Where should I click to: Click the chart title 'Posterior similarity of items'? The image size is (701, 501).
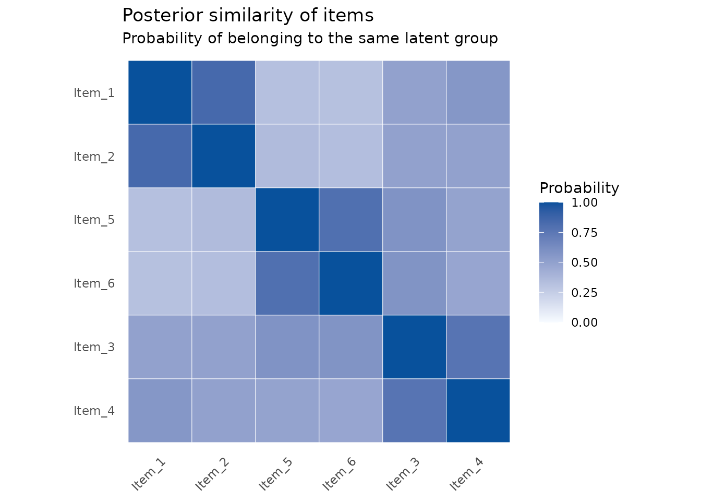click(x=248, y=15)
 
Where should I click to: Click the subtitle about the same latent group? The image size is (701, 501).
click(x=310, y=39)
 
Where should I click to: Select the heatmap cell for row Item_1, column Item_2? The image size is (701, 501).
click(x=223, y=92)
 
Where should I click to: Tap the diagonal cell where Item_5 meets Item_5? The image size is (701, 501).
click(x=287, y=220)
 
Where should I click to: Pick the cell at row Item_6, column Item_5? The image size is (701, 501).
click(x=287, y=283)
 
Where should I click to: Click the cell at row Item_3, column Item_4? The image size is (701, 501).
click(x=478, y=347)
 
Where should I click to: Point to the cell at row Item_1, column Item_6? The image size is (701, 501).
click(x=350, y=92)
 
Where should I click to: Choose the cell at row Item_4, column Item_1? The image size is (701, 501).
click(x=160, y=411)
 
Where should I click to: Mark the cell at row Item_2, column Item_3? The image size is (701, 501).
click(x=414, y=156)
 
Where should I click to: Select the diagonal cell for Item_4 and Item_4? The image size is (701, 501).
click(x=478, y=411)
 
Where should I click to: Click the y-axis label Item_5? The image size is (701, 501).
click(x=94, y=220)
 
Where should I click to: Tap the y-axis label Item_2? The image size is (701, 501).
click(x=94, y=157)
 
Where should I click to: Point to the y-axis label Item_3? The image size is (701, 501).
click(x=94, y=347)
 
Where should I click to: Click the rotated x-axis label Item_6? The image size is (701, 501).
click(x=339, y=474)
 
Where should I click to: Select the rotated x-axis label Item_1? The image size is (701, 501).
click(x=149, y=474)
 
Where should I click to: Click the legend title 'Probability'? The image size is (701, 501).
click(x=579, y=188)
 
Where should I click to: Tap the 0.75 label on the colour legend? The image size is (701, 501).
click(x=584, y=233)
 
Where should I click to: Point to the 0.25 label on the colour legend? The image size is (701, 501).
click(x=584, y=293)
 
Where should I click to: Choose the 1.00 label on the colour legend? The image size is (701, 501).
click(x=584, y=202)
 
